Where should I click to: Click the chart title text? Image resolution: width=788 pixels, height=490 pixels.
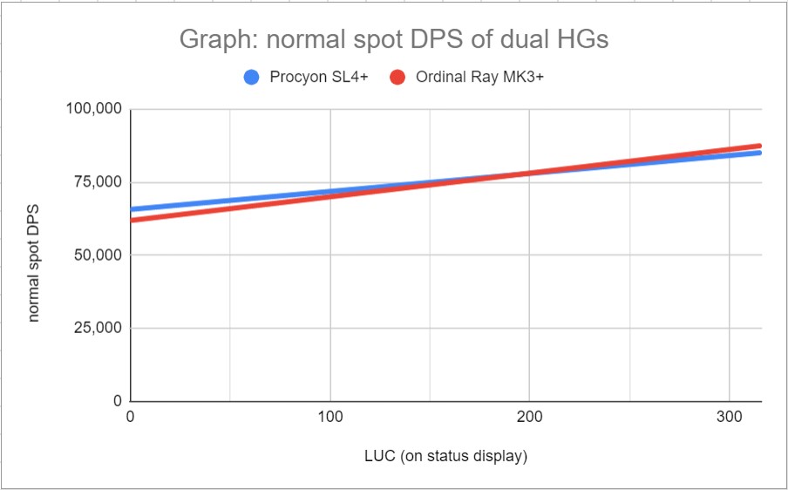click(393, 39)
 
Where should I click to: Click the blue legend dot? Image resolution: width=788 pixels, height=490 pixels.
click(252, 78)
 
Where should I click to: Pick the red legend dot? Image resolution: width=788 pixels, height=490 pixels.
click(397, 78)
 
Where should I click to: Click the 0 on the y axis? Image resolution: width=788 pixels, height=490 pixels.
click(116, 401)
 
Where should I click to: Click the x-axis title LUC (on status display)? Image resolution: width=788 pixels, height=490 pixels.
click(445, 456)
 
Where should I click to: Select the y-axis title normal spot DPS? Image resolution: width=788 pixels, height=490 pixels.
click(35, 255)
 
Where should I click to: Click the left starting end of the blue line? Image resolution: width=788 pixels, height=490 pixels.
click(132, 209)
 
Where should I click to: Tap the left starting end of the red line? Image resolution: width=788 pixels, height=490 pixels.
click(132, 220)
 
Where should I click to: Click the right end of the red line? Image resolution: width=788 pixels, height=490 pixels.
click(760, 146)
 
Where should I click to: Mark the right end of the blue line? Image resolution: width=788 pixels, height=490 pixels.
click(760, 153)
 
